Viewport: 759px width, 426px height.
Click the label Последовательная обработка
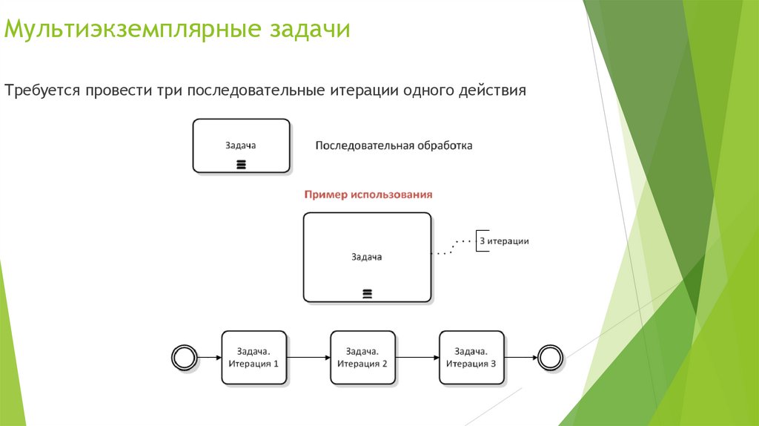(394, 145)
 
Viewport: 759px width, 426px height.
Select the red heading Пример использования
(368, 194)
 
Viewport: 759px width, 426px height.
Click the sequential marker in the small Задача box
(241, 164)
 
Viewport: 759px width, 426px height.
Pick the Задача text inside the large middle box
(366, 257)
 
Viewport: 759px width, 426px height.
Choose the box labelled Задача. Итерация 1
(253, 358)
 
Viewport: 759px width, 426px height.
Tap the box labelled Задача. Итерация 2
(362, 358)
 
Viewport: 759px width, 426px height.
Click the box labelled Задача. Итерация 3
(471, 358)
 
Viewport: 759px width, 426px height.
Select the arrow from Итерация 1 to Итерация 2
(308, 358)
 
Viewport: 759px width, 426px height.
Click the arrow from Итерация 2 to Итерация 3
(417, 358)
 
